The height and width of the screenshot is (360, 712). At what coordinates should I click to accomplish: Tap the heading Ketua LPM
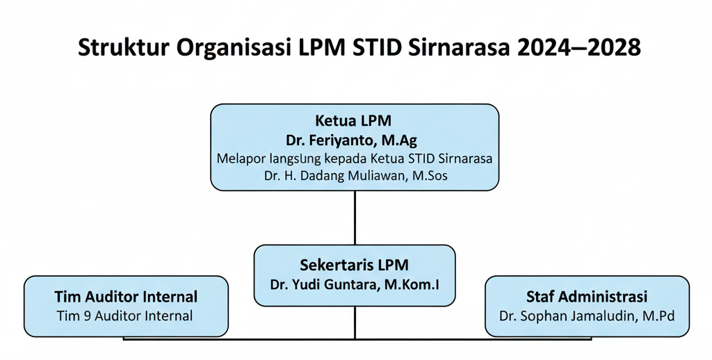tap(355, 120)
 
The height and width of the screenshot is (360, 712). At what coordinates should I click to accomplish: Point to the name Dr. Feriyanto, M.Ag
tap(355, 140)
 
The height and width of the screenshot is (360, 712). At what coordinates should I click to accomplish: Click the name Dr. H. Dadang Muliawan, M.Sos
tap(355, 177)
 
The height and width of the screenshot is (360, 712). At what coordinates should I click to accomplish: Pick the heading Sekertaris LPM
tap(355, 265)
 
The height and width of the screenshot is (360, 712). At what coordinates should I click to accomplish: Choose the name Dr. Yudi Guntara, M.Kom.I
tap(355, 284)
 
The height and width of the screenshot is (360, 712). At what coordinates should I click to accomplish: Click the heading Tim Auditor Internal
tap(126, 297)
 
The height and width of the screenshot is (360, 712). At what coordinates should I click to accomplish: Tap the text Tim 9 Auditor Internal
tap(126, 316)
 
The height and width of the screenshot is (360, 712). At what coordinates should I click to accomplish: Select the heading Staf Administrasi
tap(587, 297)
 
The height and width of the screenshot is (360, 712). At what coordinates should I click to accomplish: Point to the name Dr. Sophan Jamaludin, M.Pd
tap(587, 316)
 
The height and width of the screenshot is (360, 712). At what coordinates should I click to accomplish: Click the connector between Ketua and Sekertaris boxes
tap(355, 217)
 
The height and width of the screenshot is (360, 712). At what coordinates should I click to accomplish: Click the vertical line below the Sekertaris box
tap(355, 322)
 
